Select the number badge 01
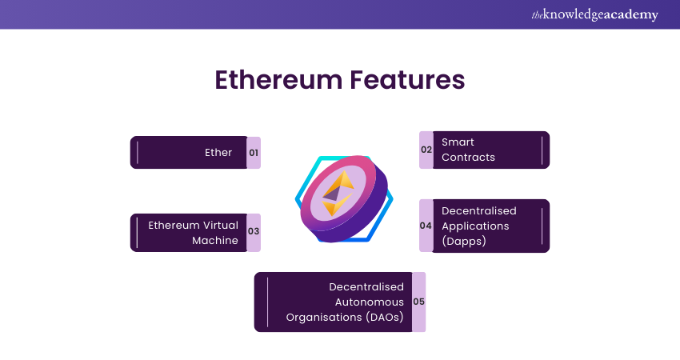point(254,152)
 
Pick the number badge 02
point(426,150)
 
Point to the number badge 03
point(254,232)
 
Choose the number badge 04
point(426,226)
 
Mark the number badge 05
point(418,302)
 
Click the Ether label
point(218,152)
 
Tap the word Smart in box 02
point(458,142)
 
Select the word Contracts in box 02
point(468,157)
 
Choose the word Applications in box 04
point(476,226)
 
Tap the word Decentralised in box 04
point(479,210)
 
